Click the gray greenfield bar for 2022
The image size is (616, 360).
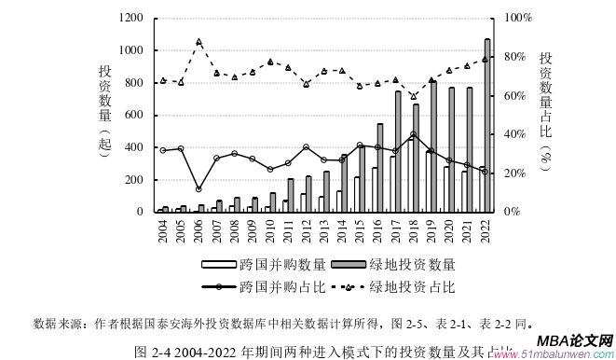[x=487, y=125]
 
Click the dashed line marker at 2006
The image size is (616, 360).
[x=198, y=42]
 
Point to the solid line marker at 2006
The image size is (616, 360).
[x=198, y=189]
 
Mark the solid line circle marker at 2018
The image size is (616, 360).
[x=413, y=134]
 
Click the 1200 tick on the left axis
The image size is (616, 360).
[x=131, y=18]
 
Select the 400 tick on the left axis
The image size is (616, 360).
[x=135, y=147]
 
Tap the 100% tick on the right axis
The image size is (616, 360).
[x=518, y=18]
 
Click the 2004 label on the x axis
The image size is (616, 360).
[x=163, y=230]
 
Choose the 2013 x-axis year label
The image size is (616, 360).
[x=323, y=230]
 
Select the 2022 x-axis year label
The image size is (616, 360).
[x=486, y=230]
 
